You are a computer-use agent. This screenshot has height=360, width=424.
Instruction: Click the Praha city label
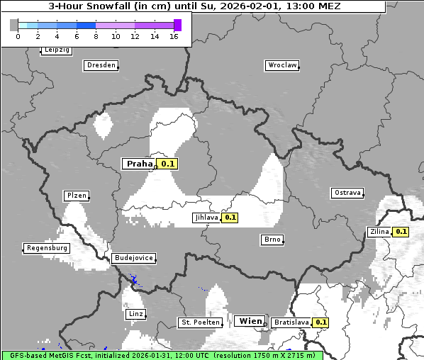[x=139, y=164]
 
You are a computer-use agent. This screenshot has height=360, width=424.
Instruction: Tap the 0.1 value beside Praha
[x=167, y=164]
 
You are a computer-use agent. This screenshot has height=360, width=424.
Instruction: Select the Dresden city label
[x=101, y=65]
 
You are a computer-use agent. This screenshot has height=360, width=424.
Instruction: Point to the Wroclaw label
[x=281, y=65]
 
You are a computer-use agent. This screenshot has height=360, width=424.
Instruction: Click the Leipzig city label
[x=56, y=50]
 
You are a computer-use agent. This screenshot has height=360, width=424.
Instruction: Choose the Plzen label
[x=76, y=196]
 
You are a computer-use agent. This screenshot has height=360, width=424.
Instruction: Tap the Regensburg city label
[x=47, y=248]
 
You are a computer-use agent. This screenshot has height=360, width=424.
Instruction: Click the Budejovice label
[x=133, y=258]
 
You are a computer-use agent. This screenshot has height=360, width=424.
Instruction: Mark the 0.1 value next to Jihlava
[x=230, y=218]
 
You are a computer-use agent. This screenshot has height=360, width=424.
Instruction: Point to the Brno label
[x=272, y=240]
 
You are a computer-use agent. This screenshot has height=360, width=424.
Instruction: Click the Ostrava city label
[x=347, y=193]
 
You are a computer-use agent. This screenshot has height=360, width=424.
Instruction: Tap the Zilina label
[x=379, y=231]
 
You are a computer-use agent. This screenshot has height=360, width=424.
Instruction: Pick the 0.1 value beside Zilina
[x=401, y=231]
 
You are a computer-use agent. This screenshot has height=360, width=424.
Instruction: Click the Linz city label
[x=135, y=314]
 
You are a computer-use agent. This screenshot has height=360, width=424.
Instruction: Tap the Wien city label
[x=250, y=321]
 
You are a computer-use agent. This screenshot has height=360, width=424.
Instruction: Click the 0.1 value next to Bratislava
[x=321, y=322]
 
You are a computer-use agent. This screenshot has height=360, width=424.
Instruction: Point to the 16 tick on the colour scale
[x=174, y=36]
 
